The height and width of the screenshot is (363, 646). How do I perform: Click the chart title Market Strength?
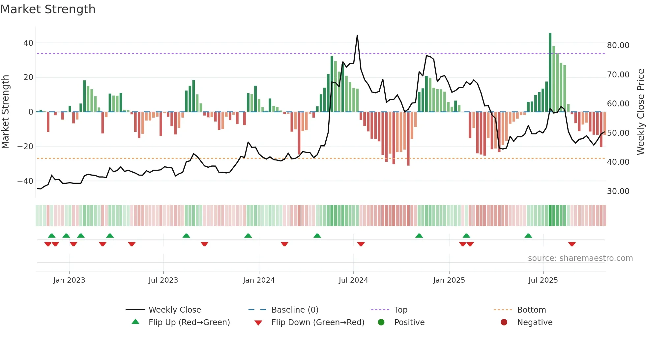coord(48,9)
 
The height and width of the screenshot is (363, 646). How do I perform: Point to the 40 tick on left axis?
coord(28,43)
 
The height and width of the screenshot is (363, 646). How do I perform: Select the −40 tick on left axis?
coord(25,181)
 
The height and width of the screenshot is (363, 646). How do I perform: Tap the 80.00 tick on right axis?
coord(618,45)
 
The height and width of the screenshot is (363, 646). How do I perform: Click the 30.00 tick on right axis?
coord(618,191)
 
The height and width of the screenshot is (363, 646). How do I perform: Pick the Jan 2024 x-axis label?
coord(259,280)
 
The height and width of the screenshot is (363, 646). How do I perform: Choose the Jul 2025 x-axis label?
coord(543,280)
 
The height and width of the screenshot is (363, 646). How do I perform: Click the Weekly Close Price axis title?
coord(640,112)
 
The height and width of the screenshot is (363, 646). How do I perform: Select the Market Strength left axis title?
coord(6,112)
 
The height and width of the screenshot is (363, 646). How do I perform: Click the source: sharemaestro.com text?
coord(580,258)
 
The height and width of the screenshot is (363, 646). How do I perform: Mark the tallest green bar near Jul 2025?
coord(550,72)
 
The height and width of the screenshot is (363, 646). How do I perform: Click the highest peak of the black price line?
coord(357,36)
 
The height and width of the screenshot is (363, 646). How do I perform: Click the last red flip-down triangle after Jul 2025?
coord(572,244)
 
